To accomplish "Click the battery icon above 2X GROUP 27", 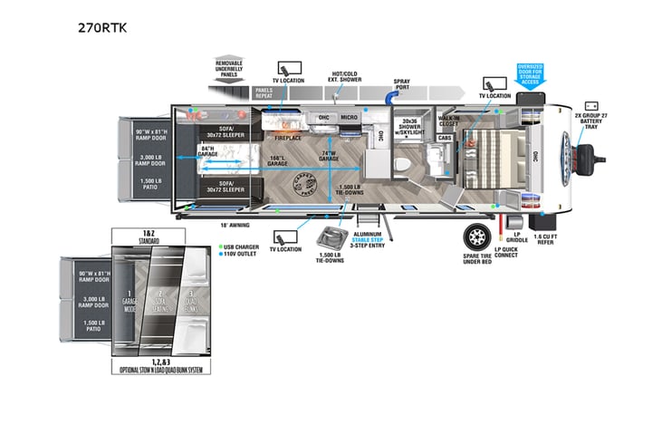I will tap(591, 105).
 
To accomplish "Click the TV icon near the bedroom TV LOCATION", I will tap(495, 82).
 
